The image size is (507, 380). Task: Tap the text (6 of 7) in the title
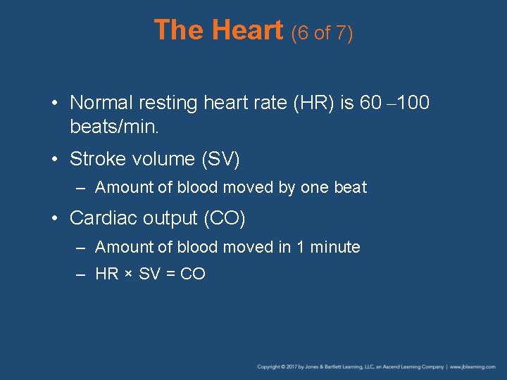coord(321,32)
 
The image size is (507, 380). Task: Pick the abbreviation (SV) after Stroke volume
coord(220,159)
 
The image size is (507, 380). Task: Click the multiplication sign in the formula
coord(128,274)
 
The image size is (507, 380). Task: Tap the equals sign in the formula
coord(170,274)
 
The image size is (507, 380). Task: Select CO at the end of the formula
coord(193,274)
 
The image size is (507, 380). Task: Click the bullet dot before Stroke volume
coord(56,160)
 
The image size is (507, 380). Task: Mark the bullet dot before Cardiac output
coord(56,219)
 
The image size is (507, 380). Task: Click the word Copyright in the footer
coord(268,367)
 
